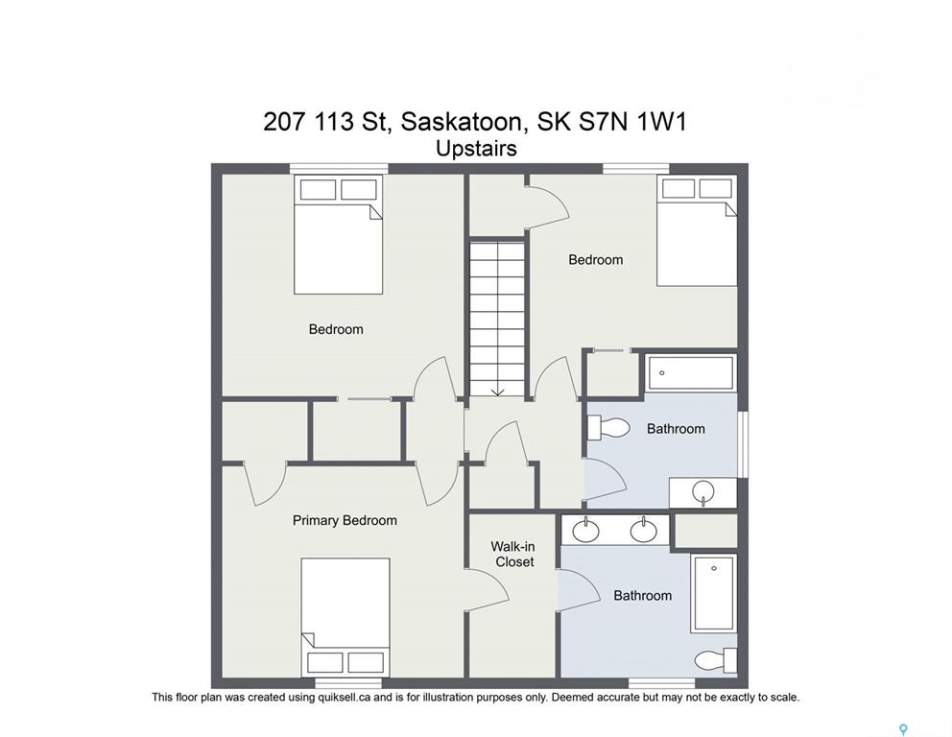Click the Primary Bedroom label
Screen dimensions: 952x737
coord(345,520)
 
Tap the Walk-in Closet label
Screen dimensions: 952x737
coord(513,555)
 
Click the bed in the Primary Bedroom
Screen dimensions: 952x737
coord(345,616)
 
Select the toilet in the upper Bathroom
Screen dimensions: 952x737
coord(608,427)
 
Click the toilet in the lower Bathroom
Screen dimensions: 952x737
coord(715,660)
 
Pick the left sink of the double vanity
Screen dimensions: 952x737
coord(586,531)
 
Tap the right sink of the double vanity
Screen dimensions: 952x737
coord(643,531)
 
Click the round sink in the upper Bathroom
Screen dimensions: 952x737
coord(703,491)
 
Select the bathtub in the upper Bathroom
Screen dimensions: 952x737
coord(690,373)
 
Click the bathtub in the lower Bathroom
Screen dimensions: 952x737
coord(714,592)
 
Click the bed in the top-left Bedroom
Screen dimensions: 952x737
coord(338,235)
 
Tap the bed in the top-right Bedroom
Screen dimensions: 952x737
coord(697,230)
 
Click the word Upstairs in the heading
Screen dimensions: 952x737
coord(477,149)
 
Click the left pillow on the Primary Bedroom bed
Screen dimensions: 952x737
coord(326,662)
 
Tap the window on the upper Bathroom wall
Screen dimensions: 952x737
coord(743,445)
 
